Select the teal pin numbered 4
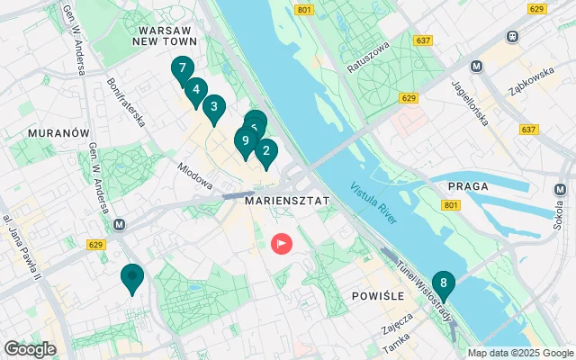point(195,90)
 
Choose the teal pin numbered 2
point(265,151)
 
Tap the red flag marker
point(283,243)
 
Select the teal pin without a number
point(132,278)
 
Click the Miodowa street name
point(194,175)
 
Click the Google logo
point(30,348)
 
